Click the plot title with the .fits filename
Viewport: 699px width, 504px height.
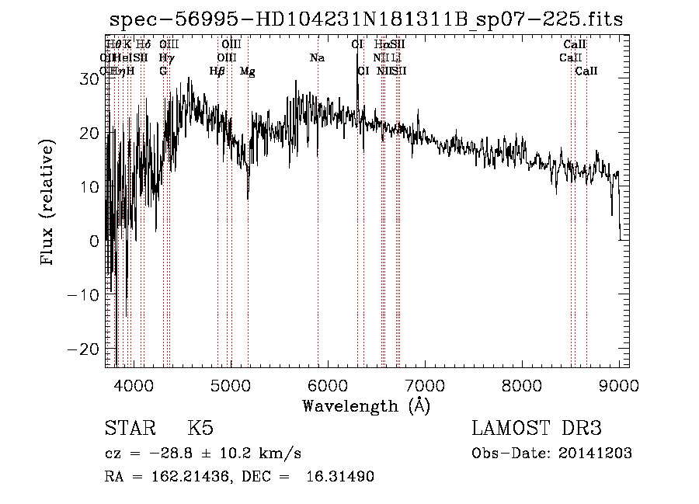[366, 19]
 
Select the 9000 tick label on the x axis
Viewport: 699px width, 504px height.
[618, 384]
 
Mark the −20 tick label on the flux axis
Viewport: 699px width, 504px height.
[84, 349]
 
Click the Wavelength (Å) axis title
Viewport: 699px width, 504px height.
[366, 405]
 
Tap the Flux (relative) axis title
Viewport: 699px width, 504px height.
[48, 203]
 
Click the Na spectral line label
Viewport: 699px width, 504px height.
[317, 58]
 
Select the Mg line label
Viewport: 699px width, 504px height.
[247, 71]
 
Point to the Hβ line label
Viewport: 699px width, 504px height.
[217, 71]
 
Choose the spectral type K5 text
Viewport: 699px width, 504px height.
[200, 429]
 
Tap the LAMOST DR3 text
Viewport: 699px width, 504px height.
[537, 429]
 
